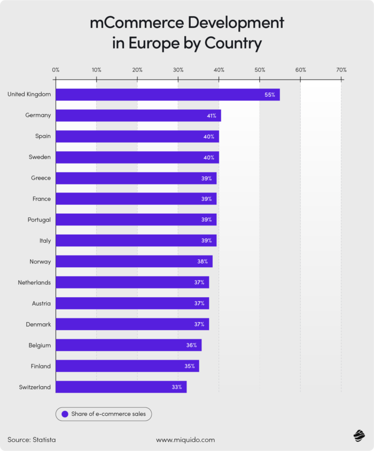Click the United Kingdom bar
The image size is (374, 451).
tap(167, 95)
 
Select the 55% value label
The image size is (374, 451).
tap(269, 95)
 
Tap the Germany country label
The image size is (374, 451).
tap(38, 115)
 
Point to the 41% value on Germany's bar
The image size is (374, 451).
tap(212, 115)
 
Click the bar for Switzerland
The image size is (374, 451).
tap(121, 387)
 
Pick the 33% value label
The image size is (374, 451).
tap(177, 387)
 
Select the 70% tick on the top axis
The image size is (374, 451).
tap(341, 70)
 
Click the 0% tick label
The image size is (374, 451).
tap(56, 70)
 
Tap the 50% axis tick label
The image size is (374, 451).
tap(260, 70)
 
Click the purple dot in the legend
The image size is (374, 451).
tap(65, 414)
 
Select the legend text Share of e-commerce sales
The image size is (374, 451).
tap(110, 414)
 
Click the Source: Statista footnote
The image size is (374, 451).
tap(32, 440)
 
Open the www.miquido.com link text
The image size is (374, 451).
tap(185, 440)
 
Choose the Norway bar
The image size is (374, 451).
tap(134, 261)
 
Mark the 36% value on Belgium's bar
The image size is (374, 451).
tap(192, 345)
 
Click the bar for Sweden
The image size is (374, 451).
tap(137, 157)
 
